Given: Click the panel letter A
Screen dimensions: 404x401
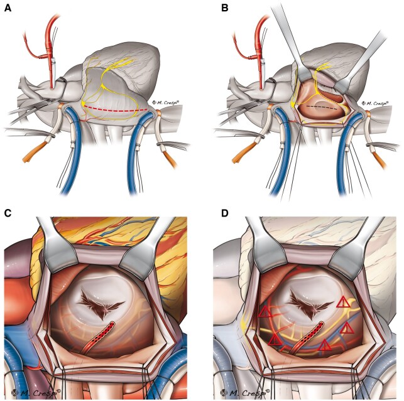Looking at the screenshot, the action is pos(8,8).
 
